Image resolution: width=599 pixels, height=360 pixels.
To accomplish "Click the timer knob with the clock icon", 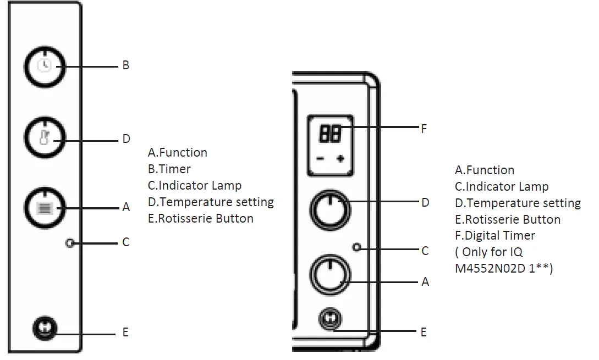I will pyautogui.click(x=45, y=66).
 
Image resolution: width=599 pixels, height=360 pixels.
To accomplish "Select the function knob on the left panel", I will pyautogui.click(x=45, y=207).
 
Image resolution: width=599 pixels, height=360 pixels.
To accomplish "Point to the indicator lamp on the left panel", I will pyautogui.click(x=69, y=242).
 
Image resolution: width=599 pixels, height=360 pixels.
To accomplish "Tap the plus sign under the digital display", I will pyautogui.click(x=340, y=159).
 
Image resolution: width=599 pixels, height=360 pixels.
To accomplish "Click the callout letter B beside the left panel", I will pyautogui.click(x=125, y=65).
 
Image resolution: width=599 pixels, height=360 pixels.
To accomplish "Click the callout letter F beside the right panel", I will pyautogui.click(x=424, y=130).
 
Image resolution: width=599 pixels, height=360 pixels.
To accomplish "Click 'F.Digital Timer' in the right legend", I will pyautogui.click(x=495, y=236).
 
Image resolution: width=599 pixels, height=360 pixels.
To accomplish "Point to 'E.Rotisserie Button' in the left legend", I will pyautogui.click(x=201, y=219).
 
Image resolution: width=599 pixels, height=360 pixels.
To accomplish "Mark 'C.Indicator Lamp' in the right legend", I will pyautogui.click(x=502, y=187).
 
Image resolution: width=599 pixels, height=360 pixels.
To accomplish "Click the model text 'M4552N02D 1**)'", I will pyautogui.click(x=503, y=268).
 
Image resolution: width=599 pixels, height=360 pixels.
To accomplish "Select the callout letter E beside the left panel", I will pyautogui.click(x=125, y=332).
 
